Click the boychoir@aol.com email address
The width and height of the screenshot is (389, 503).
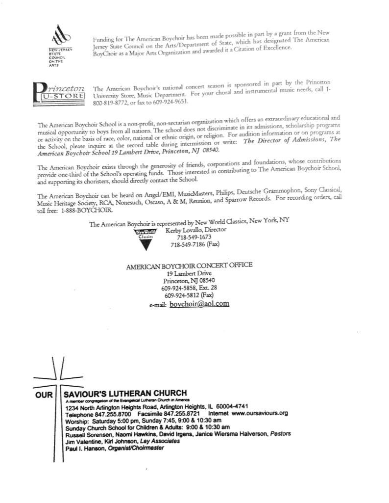click(x=199, y=304)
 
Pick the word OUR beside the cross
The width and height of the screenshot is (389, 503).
click(x=44, y=394)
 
